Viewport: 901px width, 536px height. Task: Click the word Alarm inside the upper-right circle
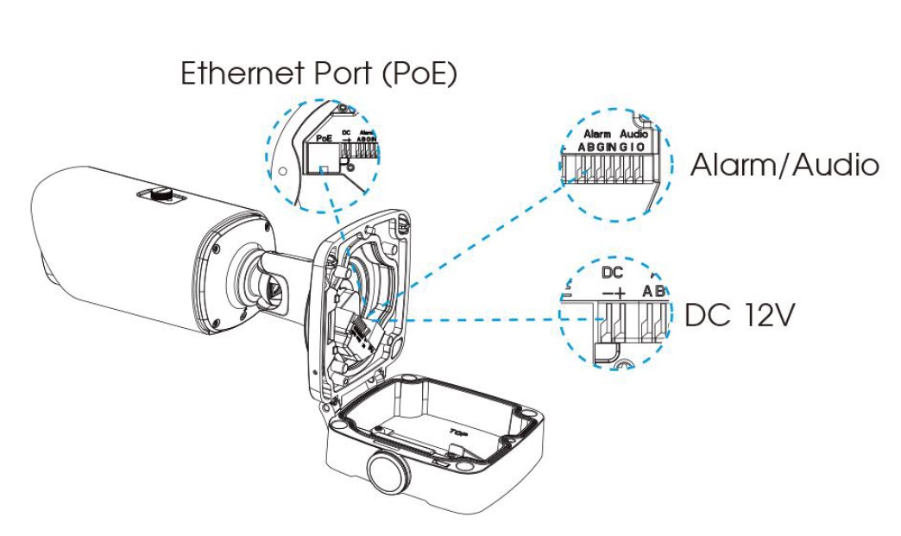[x=597, y=135]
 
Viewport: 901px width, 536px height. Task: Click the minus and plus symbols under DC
[x=612, y=293]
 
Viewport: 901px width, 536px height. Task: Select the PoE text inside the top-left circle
[x=324, y=137]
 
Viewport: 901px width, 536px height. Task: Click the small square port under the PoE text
[x=323, y=170]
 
